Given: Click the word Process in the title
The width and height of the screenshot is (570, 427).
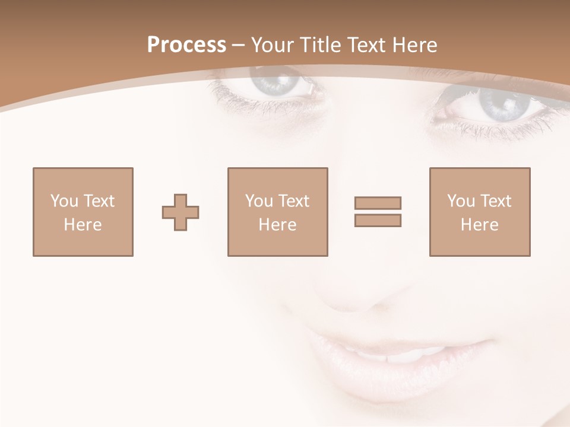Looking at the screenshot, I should point(186,45).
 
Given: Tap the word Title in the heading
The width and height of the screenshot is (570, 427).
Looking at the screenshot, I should point(321,45).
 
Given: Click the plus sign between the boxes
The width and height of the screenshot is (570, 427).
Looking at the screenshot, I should point(180,212).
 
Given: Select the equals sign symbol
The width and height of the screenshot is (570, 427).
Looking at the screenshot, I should point(378,212).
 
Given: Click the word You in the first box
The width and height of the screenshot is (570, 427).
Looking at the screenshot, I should point(63,201).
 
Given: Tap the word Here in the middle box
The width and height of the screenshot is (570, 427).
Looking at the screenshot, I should point(277,225).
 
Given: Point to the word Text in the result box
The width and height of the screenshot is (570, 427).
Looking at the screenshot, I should point(496,201).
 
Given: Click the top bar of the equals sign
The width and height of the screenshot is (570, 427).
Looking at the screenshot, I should point(378,203).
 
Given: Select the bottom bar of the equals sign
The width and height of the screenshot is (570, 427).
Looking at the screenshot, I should point(378,221).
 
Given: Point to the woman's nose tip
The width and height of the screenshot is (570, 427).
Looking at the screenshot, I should point(350,302).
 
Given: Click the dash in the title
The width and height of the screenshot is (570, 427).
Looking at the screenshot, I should point(238,46).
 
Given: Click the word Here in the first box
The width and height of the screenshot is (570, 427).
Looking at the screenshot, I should point(83,225).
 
